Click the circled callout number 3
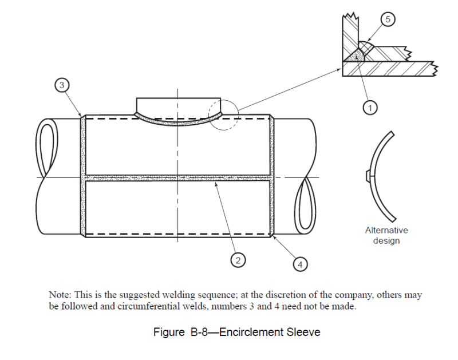point(61,85)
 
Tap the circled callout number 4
point(299,264)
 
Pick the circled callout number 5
point(388,19)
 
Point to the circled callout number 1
point(370,106)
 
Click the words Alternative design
point(386,235)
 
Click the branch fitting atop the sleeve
point(178,106)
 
